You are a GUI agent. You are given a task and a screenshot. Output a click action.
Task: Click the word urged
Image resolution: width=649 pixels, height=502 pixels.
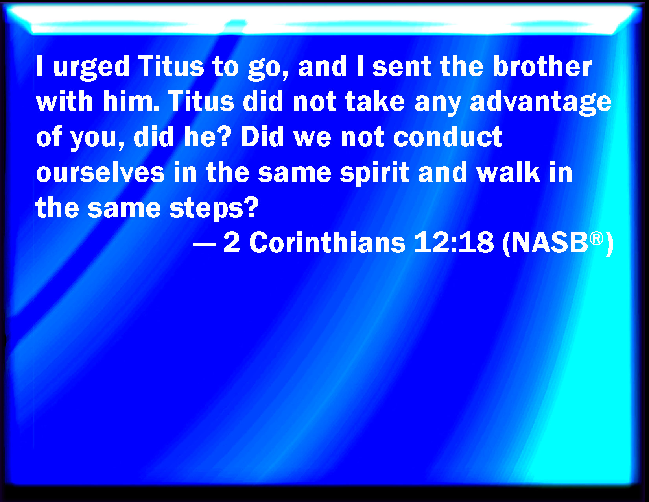click(91, 68)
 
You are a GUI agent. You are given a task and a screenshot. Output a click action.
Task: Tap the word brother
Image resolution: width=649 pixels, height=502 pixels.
click(542, 66)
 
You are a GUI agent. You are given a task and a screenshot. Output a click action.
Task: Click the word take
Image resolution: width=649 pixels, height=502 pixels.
click(375, 101)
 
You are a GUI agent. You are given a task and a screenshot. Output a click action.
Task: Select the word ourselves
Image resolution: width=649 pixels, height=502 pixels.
click(100, 172)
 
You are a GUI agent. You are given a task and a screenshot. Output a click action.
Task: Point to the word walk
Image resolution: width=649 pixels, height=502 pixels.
click(508, 172)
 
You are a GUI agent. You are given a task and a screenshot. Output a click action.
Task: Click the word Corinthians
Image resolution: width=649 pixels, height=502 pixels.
click(327, 242)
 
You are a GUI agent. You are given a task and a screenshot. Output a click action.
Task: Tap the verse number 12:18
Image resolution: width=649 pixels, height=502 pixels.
click(454, 243)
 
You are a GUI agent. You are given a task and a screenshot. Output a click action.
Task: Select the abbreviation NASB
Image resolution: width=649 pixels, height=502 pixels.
click(549, 243)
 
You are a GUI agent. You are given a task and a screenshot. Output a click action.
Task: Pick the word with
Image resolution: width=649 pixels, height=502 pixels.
click(65, 101)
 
